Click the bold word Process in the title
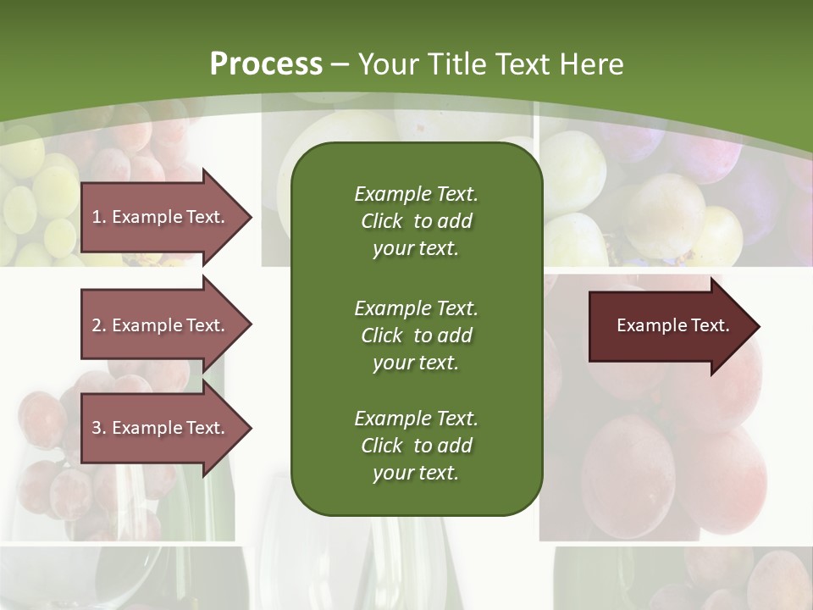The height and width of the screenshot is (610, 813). (266, 64)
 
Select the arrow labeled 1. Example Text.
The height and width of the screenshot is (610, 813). (161, 217)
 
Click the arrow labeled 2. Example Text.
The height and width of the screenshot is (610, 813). (161, 325)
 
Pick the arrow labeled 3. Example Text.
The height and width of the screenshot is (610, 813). (161, 428)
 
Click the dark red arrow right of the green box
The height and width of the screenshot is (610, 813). (669, 326)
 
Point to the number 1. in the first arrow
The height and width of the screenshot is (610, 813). (99, 217)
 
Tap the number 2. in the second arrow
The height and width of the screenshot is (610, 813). (99, 325)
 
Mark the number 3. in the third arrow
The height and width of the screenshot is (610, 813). (99, 428)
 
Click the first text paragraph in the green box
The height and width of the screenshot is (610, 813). (416, 221)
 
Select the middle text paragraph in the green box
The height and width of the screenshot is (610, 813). (416, 335)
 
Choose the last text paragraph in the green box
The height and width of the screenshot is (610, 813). (416, 446)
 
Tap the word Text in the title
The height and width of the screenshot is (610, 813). (523, 64)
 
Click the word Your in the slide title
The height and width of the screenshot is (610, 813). (386, 64)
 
